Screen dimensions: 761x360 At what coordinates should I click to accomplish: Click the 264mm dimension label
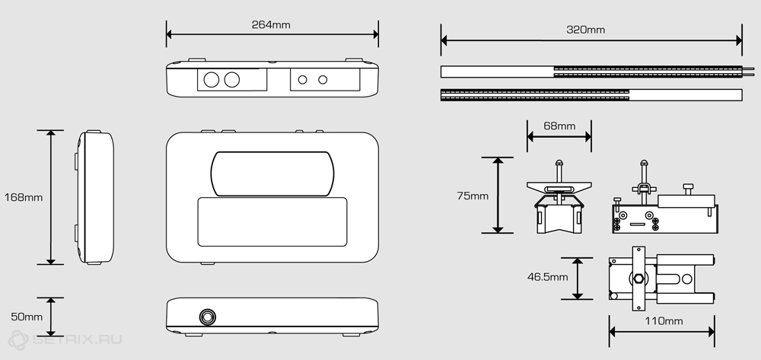pyautogui.click(x=271, y=25)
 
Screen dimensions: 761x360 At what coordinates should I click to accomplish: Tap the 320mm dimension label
pyautogui.click(x=586, y=30)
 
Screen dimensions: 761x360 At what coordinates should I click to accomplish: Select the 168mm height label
pyautogui.click(x=24, y=197)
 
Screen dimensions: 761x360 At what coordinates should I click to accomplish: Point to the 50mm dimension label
pyautogui.click(x=27, y=317)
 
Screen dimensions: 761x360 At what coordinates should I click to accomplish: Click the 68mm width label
pyautogui.click(x=559, y=126)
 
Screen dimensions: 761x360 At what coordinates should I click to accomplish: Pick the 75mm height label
pyautogui.click(x=473, y=196)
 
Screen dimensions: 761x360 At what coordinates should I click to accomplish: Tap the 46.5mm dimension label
pyautogui.click(x=547, y=278)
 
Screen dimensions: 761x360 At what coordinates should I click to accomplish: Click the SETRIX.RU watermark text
pyautogui.click(x=77, y=339)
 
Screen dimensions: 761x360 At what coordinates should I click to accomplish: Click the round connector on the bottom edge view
pyautogui.click(x=208, y=317)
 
